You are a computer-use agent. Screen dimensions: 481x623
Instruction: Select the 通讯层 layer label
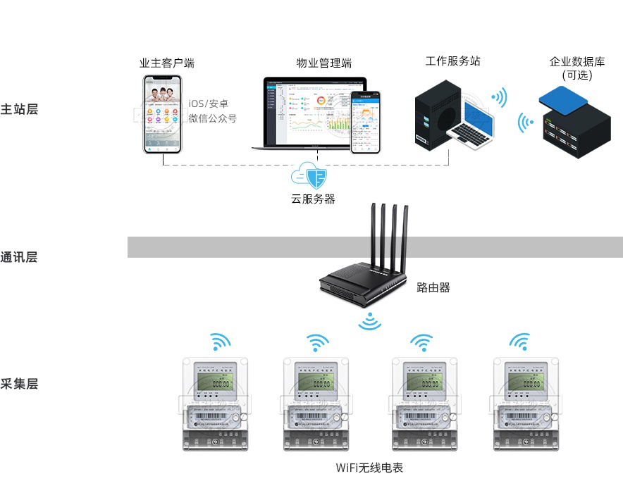click(x=19, y=257)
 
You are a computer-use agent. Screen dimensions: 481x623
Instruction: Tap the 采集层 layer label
click(x=19, y=384)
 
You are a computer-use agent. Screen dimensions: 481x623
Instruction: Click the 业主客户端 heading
click(x=167, y=63)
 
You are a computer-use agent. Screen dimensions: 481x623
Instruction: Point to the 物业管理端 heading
click(x=324, y=63)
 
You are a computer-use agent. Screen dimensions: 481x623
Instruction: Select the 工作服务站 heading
click(x=453, y=61)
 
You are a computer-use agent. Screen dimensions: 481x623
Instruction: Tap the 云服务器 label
click(x=313, y=199)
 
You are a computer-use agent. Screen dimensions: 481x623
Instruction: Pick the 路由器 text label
click(x=433, y=287)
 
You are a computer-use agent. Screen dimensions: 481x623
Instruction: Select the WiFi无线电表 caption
click(x=369, y=468)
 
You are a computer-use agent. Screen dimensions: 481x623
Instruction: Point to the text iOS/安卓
click(x=213, y=104)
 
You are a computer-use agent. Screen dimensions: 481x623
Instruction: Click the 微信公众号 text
click(x=213, y=118)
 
